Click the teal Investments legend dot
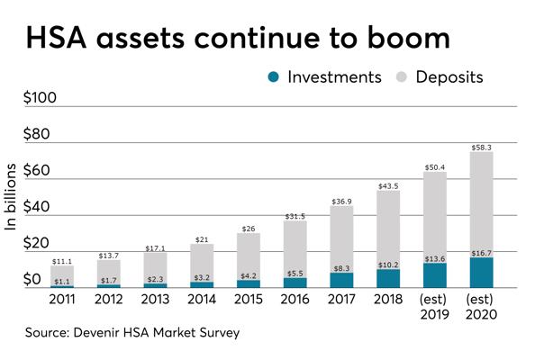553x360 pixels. pos(273,77)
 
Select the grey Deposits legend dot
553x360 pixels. pos(402,77)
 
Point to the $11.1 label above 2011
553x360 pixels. pos(62,261)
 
